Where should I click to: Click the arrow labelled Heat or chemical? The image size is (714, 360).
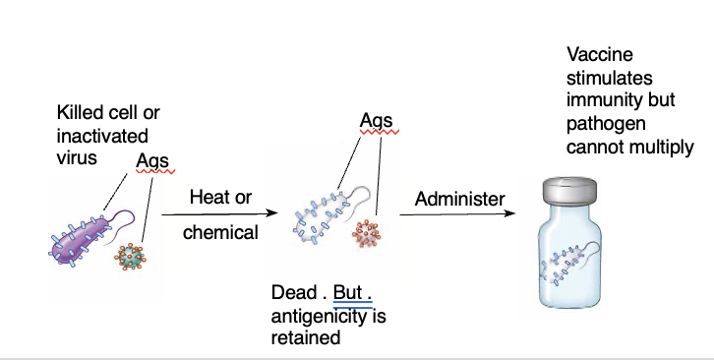point(220,213)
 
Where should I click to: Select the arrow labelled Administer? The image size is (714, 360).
point(460,214)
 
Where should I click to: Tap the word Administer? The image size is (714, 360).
point(459,198)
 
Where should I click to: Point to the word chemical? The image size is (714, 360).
point(220,233)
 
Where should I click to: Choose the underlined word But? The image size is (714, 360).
point(348,293)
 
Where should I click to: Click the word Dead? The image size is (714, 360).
point(294,293)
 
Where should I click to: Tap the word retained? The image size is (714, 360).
point(305,337)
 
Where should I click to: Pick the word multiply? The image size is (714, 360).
point(665,148)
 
